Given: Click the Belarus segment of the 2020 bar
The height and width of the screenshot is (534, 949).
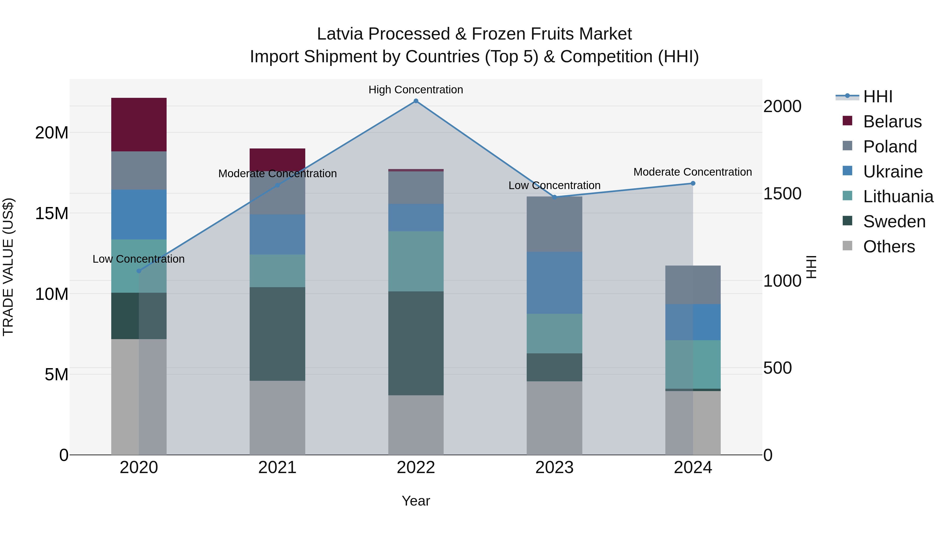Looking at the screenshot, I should tap(139, 124).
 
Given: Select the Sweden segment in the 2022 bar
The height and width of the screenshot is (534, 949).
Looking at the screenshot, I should tap(416, 343).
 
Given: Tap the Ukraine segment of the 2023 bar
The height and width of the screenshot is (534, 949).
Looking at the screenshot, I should tap(554, 283).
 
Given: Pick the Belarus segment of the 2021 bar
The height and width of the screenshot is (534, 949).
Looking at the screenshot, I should tap(277, 159).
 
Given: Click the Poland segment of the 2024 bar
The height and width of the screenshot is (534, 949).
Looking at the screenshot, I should tap(693, 285).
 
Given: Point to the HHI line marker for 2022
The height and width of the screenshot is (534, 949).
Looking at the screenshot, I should tap(416, 101).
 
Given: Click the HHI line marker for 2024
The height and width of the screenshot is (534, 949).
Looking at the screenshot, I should tap(693, 183).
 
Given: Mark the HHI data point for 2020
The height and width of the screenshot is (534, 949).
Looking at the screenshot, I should tap(139, 271).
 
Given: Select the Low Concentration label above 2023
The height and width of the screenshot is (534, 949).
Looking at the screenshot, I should tap(554, 185).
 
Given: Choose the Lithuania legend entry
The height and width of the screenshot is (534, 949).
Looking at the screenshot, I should tap(898, 196).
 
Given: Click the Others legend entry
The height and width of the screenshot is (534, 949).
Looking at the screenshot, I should tap(889, 247).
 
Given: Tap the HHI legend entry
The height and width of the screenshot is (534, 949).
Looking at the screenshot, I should tap(878, 97).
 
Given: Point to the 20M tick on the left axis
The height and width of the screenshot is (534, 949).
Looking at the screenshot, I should tap(52, 133).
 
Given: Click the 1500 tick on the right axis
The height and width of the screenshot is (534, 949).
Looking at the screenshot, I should tap(782, 194).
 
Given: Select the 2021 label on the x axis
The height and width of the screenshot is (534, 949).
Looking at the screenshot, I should tap(277, 468).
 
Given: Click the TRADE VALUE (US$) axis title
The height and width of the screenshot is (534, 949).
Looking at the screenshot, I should tap(8, 267).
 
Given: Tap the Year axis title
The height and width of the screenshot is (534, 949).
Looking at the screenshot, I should tap(416, 501).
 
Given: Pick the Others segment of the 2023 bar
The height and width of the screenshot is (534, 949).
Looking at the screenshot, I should tap(554, 418).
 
